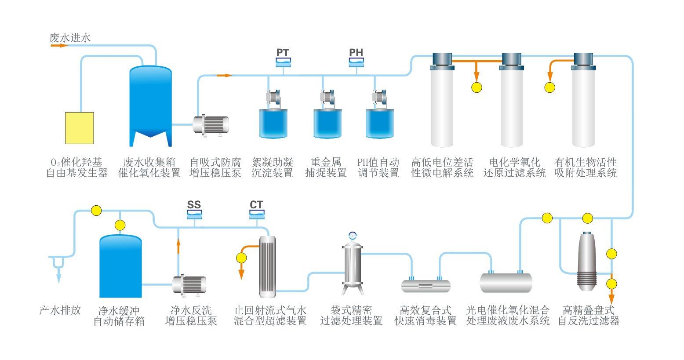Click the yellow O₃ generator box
[x=80, y=128]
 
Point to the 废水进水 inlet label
[x=70, y=38]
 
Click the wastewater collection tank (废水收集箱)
[x=150, y=105]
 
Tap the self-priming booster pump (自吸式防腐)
[x=211, y=124]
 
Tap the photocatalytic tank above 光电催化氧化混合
[x=506, y=282]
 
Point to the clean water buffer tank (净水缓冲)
[x=120, y=266]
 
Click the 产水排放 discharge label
[x=60, y=310]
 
